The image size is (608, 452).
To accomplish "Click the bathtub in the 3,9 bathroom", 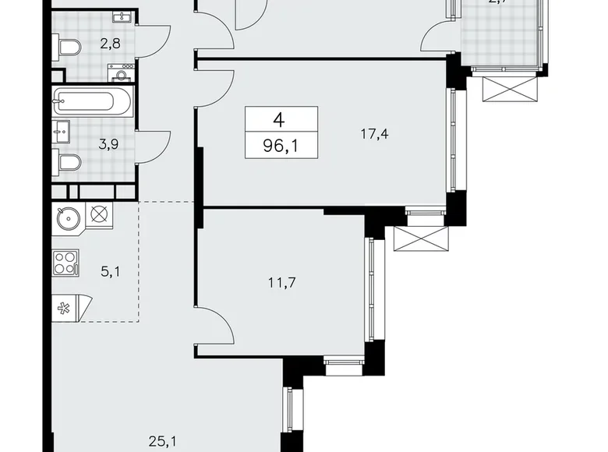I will (94, 101).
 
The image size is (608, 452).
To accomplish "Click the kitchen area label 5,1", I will (109, 274).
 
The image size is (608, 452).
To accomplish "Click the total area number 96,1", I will (281, 145).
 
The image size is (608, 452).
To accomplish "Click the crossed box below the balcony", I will (511, 89).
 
